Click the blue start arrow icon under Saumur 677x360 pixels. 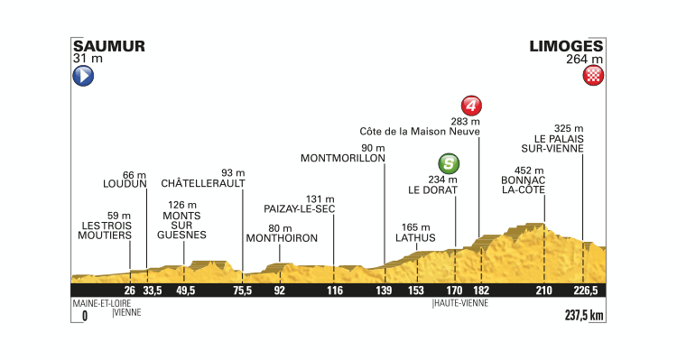point(82,78)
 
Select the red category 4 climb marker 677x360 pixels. point(470,104)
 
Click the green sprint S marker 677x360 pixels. point(446,163)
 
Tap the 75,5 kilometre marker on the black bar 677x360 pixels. point(242,291)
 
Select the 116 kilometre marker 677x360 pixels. point(335,291)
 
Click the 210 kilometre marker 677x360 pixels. point(543,291)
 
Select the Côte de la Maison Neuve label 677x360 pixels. point(419,128)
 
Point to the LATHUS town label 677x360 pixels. point(415,238)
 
